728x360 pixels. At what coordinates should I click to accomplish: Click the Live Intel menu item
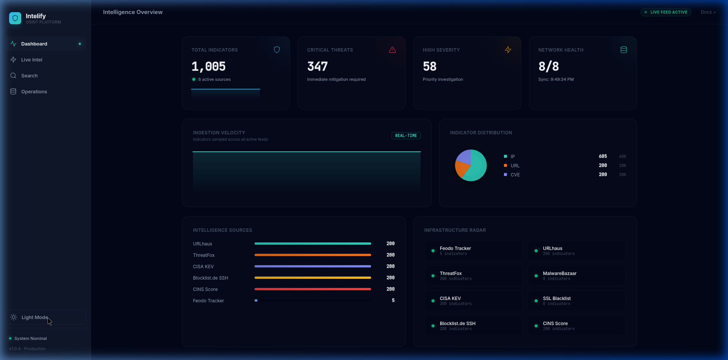coord(31,60)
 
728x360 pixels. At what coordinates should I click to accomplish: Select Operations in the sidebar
coord(34,92)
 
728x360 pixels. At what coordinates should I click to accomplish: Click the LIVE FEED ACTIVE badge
coord(666,12)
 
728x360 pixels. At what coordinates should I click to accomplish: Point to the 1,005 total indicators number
coord(209,67)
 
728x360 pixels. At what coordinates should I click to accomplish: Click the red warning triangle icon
coord(392,50)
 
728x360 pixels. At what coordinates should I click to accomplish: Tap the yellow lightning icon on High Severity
coord(508,50)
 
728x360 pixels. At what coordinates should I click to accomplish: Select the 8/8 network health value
coord(549,67)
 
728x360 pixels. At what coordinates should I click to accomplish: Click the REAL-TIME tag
coord(406,135)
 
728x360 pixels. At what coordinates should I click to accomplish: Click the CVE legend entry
coord(515,175)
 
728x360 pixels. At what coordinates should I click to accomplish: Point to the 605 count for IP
coord(602,156)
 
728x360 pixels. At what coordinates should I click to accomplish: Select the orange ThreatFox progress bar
coord(312,255)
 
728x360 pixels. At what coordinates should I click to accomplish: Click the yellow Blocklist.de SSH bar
coord(312,278)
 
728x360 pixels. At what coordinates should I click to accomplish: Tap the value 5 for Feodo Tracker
coord(393,300)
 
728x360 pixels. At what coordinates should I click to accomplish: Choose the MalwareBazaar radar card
coord(576,276)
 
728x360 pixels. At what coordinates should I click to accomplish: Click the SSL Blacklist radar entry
coord(576,301)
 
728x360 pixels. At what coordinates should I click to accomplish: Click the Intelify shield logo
coord(15,18)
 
